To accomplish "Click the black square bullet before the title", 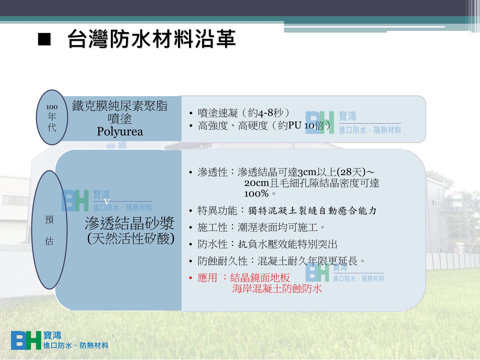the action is pos(44,39).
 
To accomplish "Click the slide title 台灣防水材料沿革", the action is pos(151,39).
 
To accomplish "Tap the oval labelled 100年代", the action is pos(52,117).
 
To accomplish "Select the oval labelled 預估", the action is pos(49,230).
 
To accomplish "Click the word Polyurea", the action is pos(120,132).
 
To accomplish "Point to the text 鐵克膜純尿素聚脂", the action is pos(120,106).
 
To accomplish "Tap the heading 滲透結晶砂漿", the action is pos(130,223).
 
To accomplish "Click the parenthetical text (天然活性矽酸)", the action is pos(131,238).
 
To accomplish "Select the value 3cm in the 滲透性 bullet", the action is pos(307,172).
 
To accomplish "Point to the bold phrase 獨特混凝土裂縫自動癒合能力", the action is pos(312,211).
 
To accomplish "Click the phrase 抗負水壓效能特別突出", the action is pos(288,244).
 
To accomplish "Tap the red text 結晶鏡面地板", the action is pos(260,278).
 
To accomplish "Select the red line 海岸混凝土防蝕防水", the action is pos(277,289).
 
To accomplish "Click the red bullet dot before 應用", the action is pos(191,278).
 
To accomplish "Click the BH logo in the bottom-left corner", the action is pos(26,340).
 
